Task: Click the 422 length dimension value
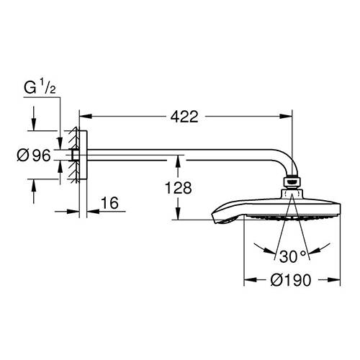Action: pos(184,117)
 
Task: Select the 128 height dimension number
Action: pos(179,188)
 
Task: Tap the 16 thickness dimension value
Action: pos(109,203)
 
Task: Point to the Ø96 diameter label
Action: pos(34,155)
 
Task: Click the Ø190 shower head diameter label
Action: pos(291,280)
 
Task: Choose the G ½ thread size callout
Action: pos(40,88)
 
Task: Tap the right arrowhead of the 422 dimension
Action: pos(287,117)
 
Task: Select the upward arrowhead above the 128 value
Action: pos(178,161)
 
